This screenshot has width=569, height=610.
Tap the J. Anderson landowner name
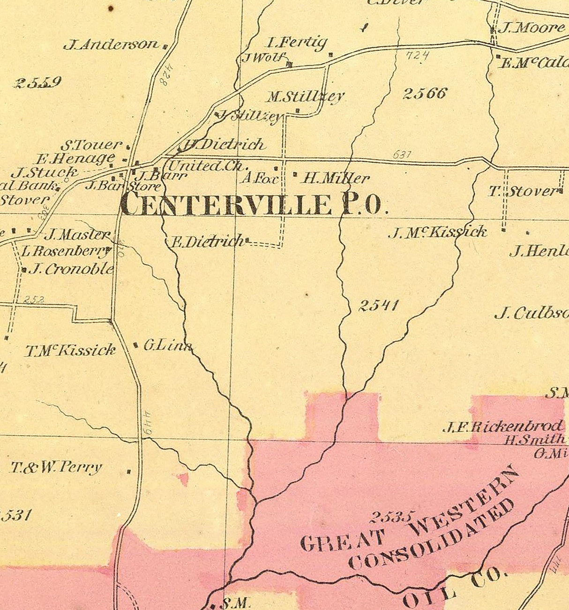click(x=111, y=45)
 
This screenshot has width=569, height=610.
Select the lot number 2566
click(x=425, y=93)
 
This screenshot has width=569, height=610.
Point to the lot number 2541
click(x=378, y=306)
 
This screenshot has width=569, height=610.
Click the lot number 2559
click(x=38, y=83)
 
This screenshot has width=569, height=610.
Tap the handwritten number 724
click(x=417, y=56)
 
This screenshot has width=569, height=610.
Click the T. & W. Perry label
click(x=56, y=467)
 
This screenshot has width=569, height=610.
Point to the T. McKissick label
click(x=70, y=350)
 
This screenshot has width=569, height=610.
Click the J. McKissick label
click(x=437, y=232)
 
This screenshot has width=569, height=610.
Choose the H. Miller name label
click(x=336, y=178)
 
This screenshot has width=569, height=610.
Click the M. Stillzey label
click(x=305, y=97)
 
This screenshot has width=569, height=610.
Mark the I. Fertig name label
click(x=297, y=43)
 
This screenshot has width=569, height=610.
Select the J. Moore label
click(x=531, y=28)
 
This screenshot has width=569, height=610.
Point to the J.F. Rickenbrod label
click(x=503, y=427)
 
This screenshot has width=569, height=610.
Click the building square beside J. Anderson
click(x=165, y=46)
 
